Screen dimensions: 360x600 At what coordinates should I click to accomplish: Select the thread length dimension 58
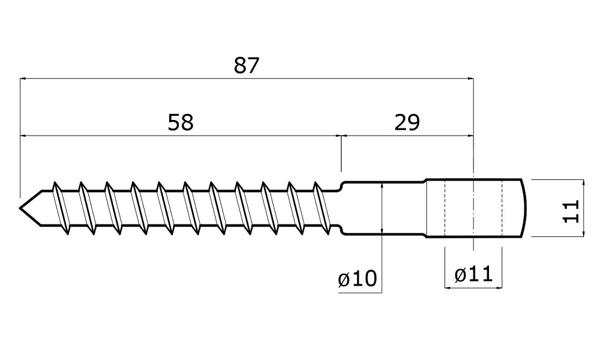point(181,122)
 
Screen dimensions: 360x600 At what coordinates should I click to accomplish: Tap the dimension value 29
point(407,122)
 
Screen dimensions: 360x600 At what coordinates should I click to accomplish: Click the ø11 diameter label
point(473,275)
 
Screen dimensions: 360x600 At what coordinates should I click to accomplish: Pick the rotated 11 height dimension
point(572,208)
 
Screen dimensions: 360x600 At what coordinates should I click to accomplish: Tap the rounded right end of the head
point(523,208)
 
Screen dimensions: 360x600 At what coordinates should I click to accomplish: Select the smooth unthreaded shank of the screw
point(384,208)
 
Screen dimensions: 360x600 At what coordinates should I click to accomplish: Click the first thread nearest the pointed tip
point(58,207)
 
